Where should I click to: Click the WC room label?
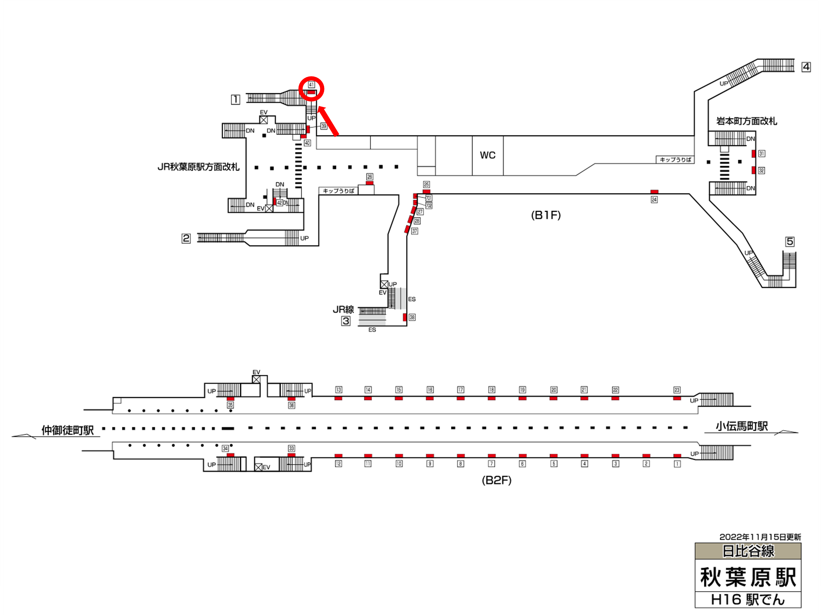point(487,155)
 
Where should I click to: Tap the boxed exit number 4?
point(806,67)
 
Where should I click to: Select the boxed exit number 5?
point(790,241)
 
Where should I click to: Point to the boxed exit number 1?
point(235,100)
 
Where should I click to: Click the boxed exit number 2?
point(186,238)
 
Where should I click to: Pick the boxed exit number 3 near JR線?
point(345,321)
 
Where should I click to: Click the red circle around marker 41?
point(312,89)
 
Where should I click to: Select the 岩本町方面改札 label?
point(746,121)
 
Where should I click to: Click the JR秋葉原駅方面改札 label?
point(199,167)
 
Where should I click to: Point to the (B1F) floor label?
point(546,215)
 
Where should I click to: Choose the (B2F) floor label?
point(496,480)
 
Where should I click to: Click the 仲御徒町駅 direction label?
point(68,430)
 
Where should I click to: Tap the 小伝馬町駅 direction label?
point(741,426)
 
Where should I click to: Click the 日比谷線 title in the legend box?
point(748,551)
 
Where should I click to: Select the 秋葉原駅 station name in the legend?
point(748,577)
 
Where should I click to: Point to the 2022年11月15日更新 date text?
point(760,537)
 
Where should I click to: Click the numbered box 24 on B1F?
point(654,200)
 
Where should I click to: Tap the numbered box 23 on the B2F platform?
point(677,390)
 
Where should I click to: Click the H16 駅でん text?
point(748,600)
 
